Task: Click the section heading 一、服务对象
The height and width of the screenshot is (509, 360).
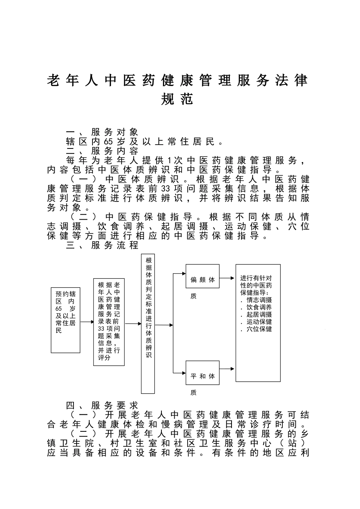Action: (x=102, y=132)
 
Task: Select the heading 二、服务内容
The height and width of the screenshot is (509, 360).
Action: (x=102, y=151)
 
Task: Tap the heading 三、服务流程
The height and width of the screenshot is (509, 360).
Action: (x=102, y=245)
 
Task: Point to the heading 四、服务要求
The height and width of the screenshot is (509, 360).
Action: (x=102, y=406)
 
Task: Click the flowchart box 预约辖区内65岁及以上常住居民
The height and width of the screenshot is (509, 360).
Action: (x=66, y=320)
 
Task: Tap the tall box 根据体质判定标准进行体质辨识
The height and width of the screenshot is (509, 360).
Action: (x=148, y=324)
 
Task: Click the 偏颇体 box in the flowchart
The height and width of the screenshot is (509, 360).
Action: (x=202, y=279)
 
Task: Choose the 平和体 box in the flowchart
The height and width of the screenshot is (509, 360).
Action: (x=202, y=376)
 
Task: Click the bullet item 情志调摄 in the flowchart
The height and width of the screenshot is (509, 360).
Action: (x=259, y=300)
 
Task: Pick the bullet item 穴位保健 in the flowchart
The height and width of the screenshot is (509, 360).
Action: (x=259, y=329)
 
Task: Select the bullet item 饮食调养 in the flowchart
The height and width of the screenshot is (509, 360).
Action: (x=259, y=307)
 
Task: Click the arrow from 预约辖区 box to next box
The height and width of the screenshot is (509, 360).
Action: (x=87, y=322)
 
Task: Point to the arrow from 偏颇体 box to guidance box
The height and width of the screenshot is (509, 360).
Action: (x=227, y=278)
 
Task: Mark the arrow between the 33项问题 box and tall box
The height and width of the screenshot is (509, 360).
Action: (x=133, y=324)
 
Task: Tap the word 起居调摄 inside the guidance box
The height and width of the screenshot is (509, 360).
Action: (x=259, y=314)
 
